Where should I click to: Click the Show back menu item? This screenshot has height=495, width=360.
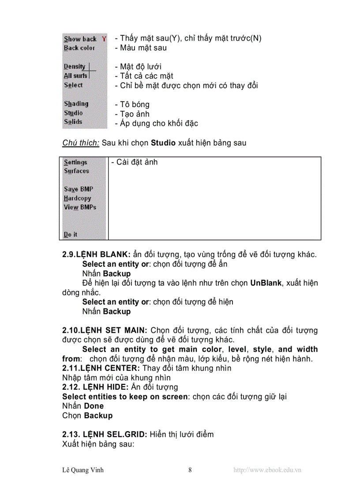point(80,39)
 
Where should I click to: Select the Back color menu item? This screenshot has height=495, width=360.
point(79,48)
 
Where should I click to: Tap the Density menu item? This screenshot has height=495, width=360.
point(75,67)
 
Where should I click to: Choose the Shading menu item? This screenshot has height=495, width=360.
point(76,104)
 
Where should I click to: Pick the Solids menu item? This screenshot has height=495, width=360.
point(73,122)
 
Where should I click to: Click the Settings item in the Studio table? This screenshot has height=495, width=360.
point(75,162)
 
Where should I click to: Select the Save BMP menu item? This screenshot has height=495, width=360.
point(78,189)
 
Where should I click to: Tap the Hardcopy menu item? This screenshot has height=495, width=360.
point(77,198)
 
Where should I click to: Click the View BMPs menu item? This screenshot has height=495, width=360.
point(80,207)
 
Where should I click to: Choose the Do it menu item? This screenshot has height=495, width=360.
point(70,234)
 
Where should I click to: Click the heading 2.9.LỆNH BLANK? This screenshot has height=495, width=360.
point(96,255)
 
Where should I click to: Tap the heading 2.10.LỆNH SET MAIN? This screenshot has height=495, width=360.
point(106,330)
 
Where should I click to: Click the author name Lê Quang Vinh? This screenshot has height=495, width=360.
point(83,470)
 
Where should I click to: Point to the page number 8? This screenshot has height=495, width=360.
point(190,470)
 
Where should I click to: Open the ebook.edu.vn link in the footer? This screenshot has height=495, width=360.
point(267,470)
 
